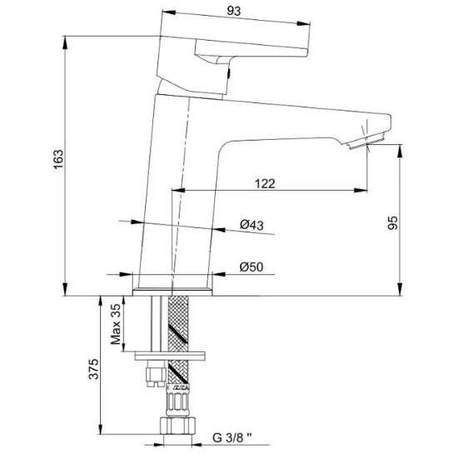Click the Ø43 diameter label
tap(251, 225)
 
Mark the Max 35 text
tap(117, 324)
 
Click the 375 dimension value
tap(93, 368)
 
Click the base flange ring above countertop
tap(175, 291)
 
